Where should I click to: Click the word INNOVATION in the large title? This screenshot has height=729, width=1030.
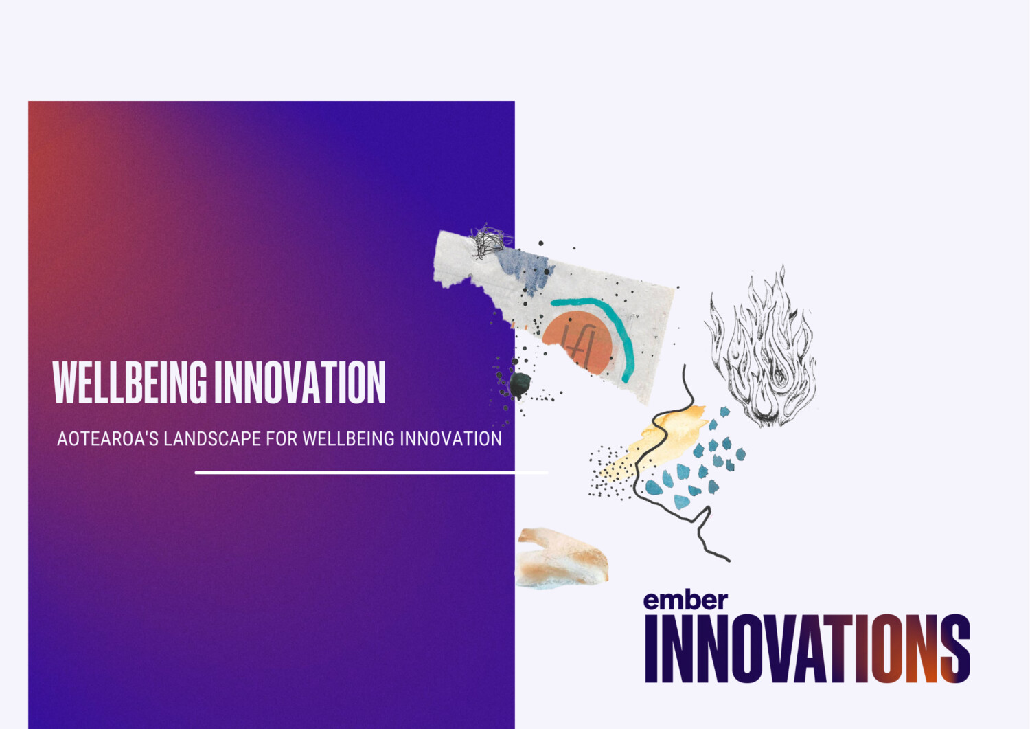tap(300, 382)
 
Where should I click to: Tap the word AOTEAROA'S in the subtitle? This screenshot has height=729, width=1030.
tap(108, 438)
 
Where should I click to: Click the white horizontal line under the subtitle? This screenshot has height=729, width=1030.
tap(371, 473)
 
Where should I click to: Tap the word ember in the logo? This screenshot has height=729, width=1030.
tap(685, 600)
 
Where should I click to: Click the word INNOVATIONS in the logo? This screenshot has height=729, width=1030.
tap(808, 648)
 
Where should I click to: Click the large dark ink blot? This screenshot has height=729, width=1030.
tap(520, 384)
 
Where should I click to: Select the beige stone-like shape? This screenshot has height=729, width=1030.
tap(562, 558)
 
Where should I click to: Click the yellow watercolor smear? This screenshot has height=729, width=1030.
tap(659, 440)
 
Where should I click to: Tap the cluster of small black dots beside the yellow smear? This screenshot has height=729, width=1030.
tap(608, 472)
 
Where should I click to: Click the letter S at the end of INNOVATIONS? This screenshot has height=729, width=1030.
tap(955, 648)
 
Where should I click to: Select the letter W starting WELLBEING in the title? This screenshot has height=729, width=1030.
tap(67, 382)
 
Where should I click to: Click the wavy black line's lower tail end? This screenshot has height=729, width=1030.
tap(729, 561)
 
